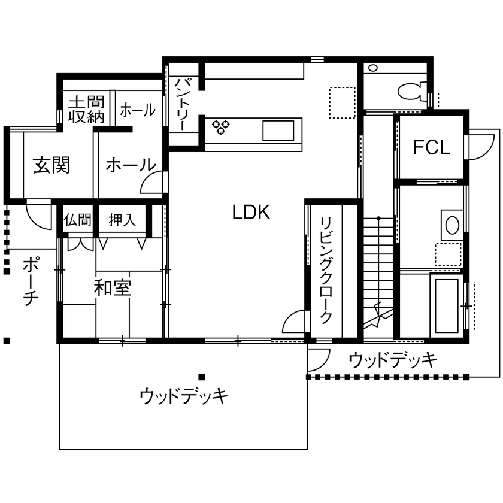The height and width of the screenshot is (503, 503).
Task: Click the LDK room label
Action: [251, 213]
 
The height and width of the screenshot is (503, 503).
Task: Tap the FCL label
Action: [431, 147]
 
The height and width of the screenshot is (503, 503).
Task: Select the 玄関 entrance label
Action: [51, 165]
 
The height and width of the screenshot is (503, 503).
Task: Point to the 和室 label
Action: [113, 287]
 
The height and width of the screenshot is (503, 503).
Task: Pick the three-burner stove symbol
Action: [221, 127]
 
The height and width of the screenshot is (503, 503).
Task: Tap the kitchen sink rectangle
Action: [278, 131]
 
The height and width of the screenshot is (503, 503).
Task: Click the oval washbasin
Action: [452, 225]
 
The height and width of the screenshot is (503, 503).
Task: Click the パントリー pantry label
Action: [180, 104]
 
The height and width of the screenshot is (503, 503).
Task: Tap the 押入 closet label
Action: [122, 220]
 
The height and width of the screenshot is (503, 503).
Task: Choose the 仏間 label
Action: [77, 220]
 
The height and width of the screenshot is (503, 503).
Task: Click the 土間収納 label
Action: [86, 110]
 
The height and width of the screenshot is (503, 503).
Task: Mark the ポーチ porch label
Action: [31, 281]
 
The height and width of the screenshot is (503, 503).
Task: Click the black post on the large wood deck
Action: [201, 377]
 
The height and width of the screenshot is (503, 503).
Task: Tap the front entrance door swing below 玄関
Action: [38, 214]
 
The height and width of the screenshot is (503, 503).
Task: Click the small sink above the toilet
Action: [372, 68]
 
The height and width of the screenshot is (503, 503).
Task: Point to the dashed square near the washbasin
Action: [448, 254]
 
